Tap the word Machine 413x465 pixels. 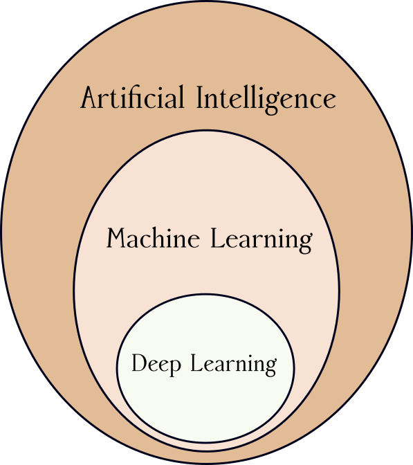pyautogui.click(x=153, y=239)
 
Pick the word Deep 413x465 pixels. pyautogui.click(x=157, y=364)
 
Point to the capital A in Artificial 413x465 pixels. pyautogui.click(x=89, y=98)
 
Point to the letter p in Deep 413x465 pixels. pyautogui.click(x=176, y=367)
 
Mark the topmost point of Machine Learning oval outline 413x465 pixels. pyautogui.click(x=206, y=130)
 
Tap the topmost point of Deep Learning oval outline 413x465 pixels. pyautogui.click(x=205, y=294)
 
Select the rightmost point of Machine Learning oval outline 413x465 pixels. pyautogui.click(x=339, y=291)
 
